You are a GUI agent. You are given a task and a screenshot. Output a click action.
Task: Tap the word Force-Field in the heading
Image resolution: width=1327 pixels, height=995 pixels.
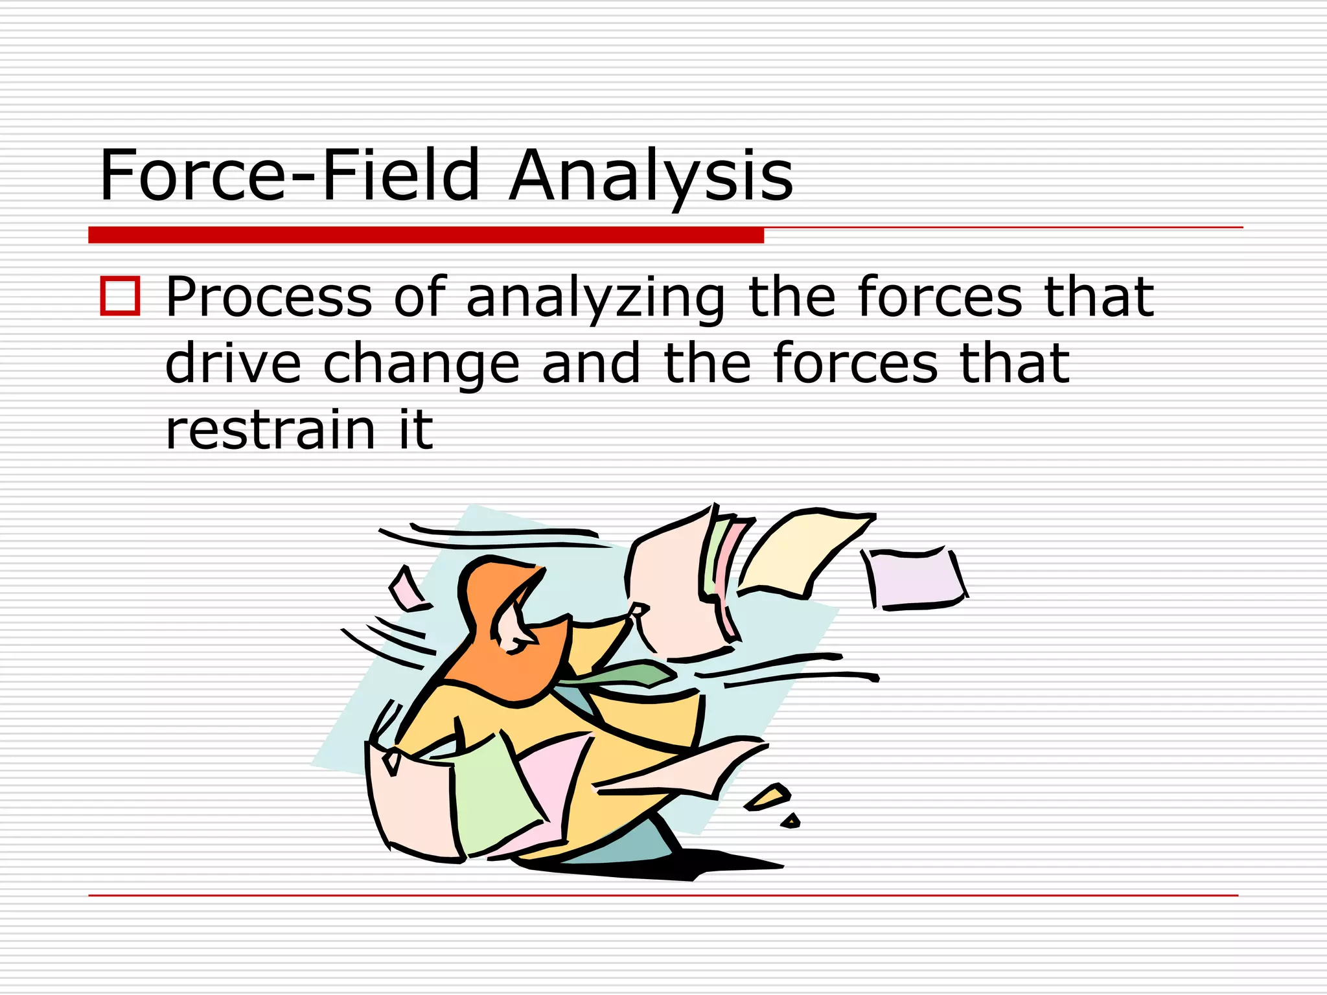click(289, 175)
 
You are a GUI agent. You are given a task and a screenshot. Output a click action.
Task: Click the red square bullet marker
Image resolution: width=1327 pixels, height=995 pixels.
click(120, 296)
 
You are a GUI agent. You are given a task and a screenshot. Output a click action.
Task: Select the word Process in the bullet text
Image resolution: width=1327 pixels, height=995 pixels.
click(269, 297)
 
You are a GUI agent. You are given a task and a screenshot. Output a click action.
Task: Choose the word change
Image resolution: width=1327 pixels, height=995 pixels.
click(421, 365)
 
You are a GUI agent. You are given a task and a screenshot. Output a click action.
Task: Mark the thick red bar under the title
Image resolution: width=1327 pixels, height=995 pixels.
click(426, 235)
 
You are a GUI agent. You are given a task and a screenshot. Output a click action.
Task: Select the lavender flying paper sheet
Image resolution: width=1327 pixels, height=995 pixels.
click(914, 578)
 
